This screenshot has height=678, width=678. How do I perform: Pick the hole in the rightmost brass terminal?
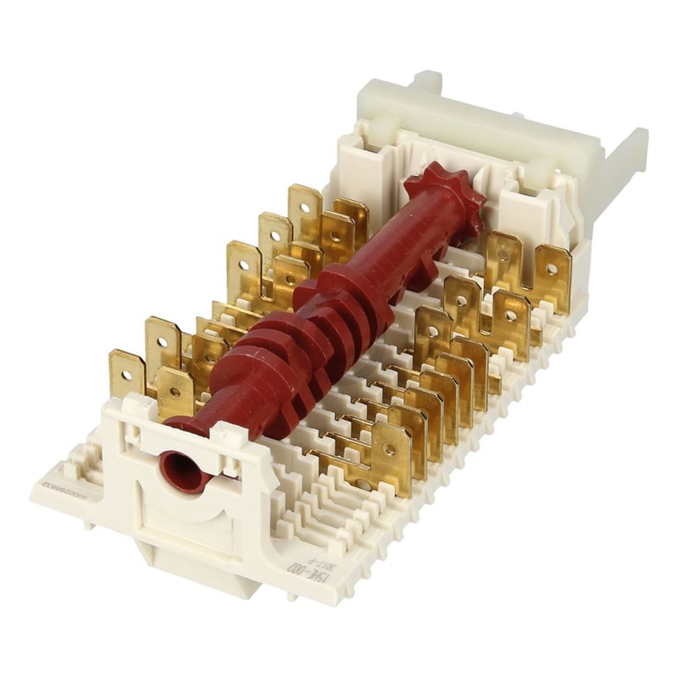coord(553,269)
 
